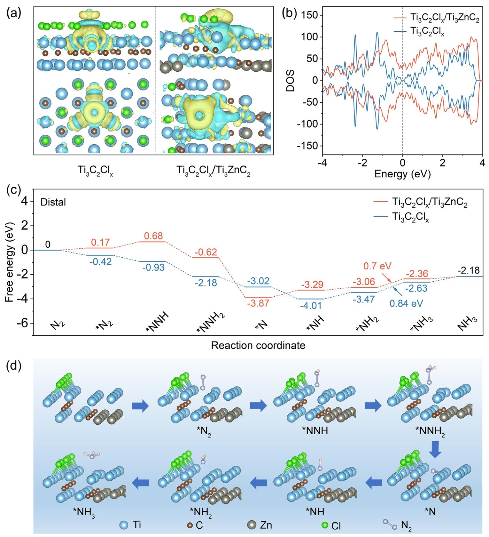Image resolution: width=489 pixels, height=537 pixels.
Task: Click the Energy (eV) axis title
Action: tap(402, 174)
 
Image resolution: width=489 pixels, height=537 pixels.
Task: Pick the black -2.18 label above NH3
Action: tap(469, 270)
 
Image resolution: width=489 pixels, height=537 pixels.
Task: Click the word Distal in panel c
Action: tap(53, 202)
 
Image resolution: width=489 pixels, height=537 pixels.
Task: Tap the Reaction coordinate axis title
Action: tap(258, 345)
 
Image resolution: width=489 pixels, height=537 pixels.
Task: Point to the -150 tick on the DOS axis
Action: tap(306, 146)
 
